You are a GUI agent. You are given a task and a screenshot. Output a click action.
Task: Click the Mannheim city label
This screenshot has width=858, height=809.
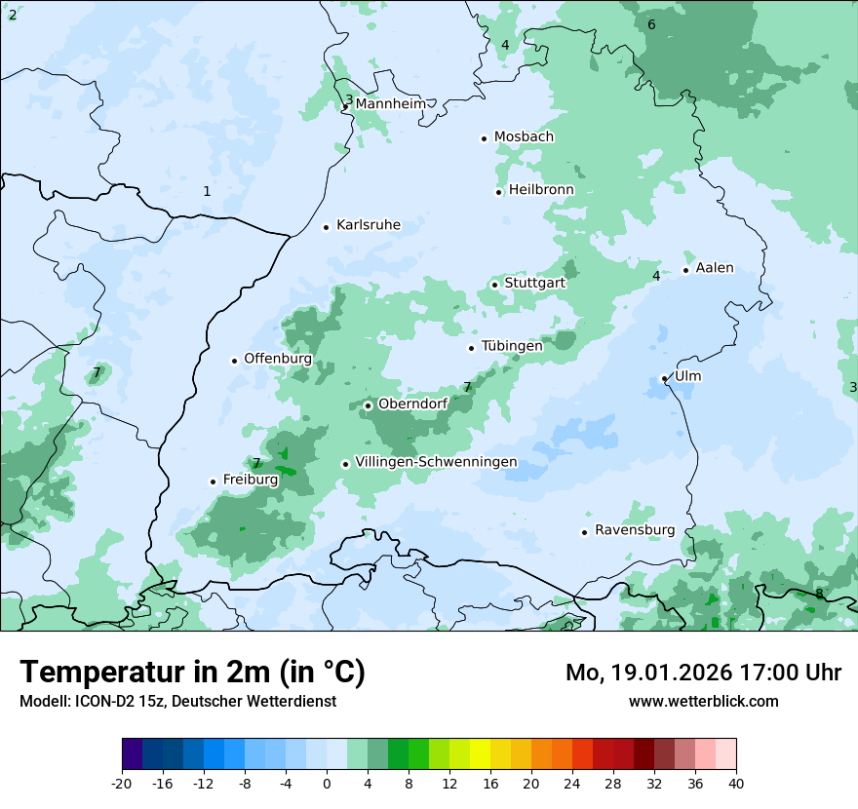pyautogui.click(x=391, y=103)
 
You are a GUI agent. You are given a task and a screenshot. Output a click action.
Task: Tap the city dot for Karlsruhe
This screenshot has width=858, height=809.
pyautogui.click(x=327, y=227)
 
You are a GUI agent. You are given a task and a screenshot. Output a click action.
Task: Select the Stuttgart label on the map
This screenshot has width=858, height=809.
pyautogui.click(x=534, y=284)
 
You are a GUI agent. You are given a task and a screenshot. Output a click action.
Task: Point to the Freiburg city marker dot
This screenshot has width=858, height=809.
pyautogui.click(x=213, y=482)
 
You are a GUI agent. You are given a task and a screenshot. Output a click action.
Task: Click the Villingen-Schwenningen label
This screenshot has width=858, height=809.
pyautogui.click(x=436, y=462)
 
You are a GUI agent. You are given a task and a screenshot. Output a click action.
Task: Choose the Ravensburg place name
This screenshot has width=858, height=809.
pyautogui.click(x=634, y=530)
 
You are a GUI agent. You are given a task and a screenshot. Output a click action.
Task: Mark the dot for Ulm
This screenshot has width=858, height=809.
pyautogui.click(x=664, y=378)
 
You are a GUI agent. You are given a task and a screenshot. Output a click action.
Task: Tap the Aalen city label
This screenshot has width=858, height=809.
pyautogui.click(x=715, y=268)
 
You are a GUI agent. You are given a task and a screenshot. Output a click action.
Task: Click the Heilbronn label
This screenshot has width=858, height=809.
pyautogui.click(x=541, y=190)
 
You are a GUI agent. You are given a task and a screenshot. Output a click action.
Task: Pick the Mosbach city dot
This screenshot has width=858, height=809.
pyautogui.click(x=484, y=138)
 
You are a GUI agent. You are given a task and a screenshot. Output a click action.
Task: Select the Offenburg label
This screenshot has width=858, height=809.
pyautogui.click(x=278, y=359)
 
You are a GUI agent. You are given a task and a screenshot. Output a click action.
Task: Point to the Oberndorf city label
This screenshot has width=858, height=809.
pyautogui.click(x=412, y=404)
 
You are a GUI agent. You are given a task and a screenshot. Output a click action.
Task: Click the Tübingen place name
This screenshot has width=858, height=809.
pyautogui.click(x=512, y=346)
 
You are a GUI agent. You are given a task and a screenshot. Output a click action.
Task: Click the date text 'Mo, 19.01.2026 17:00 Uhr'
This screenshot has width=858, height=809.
pyautogui.click(x=703, y=673)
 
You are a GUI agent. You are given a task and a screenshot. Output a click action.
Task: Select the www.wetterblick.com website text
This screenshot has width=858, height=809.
pyautogui.click(x=703, y=701)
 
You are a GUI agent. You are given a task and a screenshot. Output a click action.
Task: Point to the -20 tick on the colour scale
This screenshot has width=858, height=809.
pyautogui.click(x=122, y=784)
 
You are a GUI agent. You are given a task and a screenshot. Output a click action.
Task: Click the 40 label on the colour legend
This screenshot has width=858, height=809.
pyautogui.click(x=736, y=784)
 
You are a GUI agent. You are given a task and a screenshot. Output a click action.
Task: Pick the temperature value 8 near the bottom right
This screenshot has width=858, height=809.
pyautogui.click(x=819, y=594)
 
